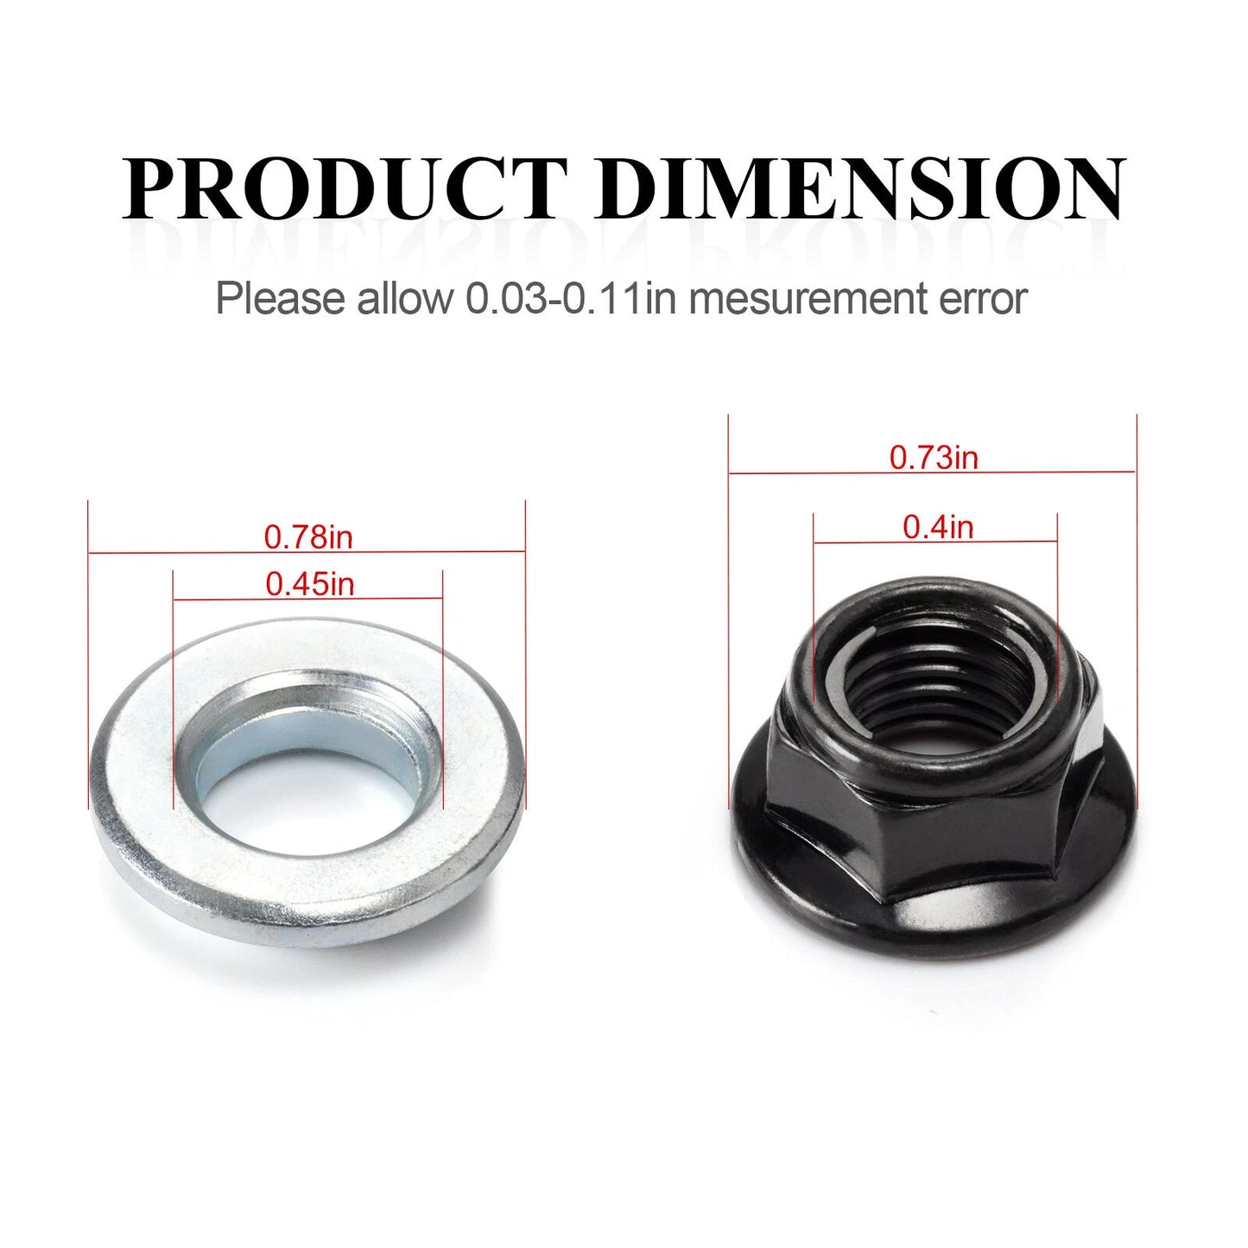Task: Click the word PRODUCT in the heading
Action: pyautogui.click(x=344, y=188)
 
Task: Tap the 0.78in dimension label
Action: pyautogui.click(x=308, y=537)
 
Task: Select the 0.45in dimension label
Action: pyautogui.click(x=309, y=585)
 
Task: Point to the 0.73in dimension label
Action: pyautogui.click(x=934, y=457)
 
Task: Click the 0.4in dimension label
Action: pyautogui.click(x=938, y=527)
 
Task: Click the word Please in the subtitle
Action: pyautogui.click(x=279, y=299)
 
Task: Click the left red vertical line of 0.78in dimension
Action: pyautogui.click(x=89, y=656)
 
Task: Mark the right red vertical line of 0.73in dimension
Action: pyautogui.click(x=1137, y=605)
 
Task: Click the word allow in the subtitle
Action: pyautogui.click(x=405, y=299)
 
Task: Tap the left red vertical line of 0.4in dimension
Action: pyautogui.click(x=814, y=605)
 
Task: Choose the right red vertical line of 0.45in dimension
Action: pyautogui.click(x=442, y=691)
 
